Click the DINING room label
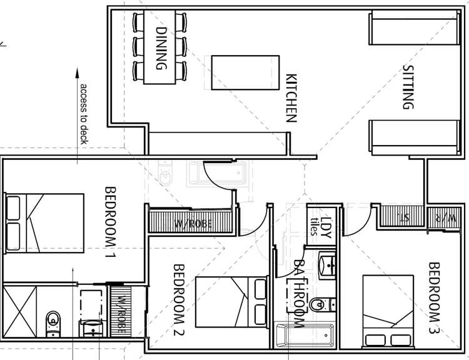[162, 49]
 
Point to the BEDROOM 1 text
[111, 222]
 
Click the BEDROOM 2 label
[178, 299]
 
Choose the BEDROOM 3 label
[435, 297]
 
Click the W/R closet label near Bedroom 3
[452, 217]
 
